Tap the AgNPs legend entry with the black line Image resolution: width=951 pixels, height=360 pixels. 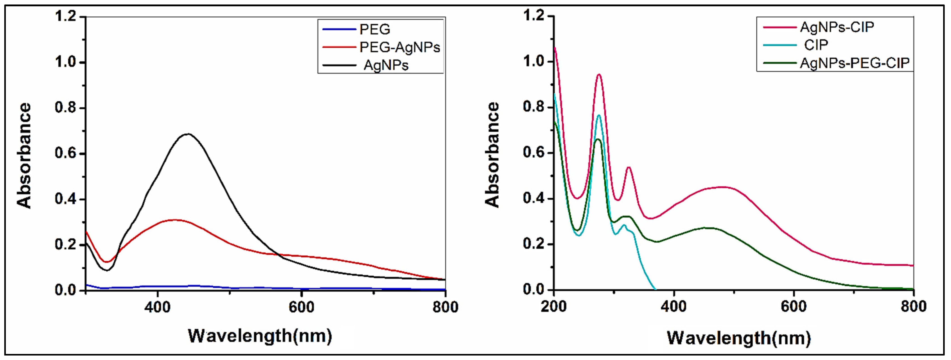coord(386,65)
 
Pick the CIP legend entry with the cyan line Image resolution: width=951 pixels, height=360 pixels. coord(816,45)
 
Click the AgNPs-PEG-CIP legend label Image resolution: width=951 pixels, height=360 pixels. coord(854,63)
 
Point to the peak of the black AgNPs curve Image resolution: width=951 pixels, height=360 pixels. coord(188,134)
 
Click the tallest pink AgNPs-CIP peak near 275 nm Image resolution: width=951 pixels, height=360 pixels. coord(599,75)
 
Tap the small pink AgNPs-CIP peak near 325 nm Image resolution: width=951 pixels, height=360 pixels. coord(628,168)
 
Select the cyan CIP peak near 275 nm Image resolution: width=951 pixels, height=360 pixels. coord(599,115)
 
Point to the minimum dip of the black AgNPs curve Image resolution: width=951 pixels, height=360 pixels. coord(107,270)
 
